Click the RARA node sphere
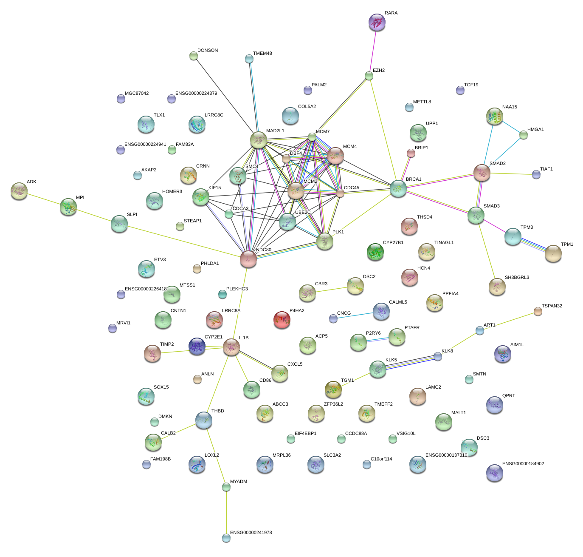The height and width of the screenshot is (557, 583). click(377, 22)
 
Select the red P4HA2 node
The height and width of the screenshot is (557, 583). click(282, 320)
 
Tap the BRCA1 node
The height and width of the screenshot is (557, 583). click(398, 188)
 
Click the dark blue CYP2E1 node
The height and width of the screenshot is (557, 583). click(197, 347)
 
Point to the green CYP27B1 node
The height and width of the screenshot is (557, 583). click(375, 252)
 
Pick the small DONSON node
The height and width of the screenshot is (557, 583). click(194, 56)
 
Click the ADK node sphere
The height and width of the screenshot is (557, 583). click(19, 191)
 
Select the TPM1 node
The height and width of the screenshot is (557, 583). click(553, 253)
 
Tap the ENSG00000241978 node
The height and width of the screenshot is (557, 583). click(226, 538)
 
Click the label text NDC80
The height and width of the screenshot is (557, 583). click(264, 250)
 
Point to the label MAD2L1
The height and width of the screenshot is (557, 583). click(275, 131)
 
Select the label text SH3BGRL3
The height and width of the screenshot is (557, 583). click(517, 278)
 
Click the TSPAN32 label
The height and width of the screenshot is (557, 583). click(552, 306)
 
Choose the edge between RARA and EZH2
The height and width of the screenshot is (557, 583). click(373, 49)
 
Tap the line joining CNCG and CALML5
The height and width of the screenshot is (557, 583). click(353, 315)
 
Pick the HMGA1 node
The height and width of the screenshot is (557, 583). click(524, 135)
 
